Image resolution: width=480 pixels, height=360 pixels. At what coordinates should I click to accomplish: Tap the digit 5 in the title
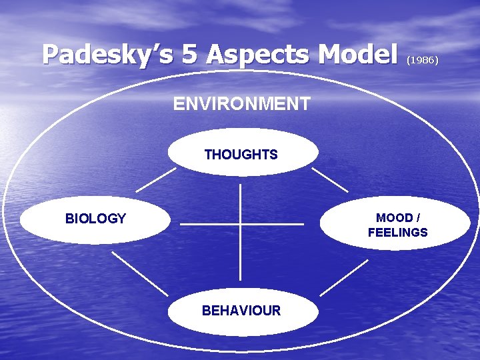[190, 55]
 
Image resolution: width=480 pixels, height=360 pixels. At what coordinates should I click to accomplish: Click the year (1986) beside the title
[422, 59]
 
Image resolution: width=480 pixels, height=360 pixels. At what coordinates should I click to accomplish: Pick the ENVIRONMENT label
[241, 104]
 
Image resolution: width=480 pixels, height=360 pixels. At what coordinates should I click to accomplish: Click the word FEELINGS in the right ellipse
[397, 233]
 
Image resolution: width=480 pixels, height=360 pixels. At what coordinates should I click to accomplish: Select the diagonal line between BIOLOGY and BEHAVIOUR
[139, 273]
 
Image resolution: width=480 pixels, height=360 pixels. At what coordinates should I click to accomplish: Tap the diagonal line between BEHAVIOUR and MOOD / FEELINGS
[344, 277]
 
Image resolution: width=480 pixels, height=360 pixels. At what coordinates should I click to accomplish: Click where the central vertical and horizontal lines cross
[240, 224]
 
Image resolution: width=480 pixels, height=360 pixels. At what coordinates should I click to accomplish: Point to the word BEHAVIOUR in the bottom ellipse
[241, 311]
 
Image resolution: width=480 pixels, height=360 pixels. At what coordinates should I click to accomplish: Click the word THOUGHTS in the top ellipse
[241, 155]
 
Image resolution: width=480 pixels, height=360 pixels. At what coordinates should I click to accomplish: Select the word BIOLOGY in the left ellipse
[95, 219]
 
